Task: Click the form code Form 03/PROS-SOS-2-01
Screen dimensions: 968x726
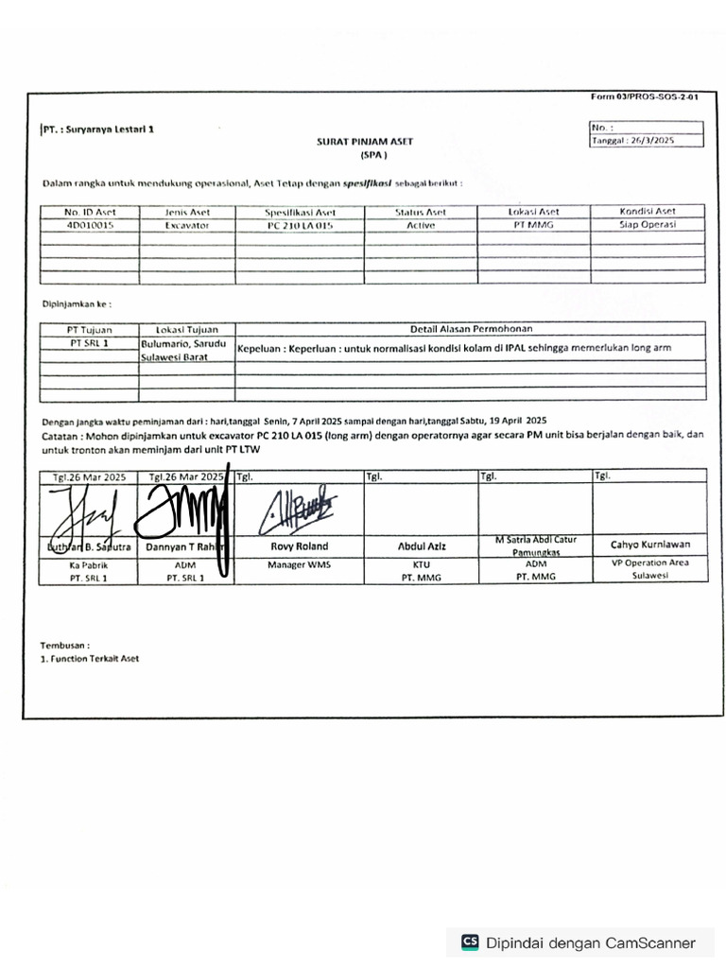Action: pyautogui.click(x=645, y=97)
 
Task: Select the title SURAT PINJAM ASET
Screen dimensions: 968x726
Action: pyautogui.click(x=365, y=141)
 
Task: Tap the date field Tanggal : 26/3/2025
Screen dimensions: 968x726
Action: pyautogui.click(x=633, y=140)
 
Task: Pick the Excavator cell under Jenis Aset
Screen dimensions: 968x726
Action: pyautogui.click(x=187, y=226)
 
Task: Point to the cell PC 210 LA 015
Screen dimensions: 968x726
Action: pyautogui.click(x=300, y=226)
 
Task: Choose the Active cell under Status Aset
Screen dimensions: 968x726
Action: pyautogui.click(x=421, y=226)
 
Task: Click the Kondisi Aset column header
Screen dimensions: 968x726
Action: pyautogui.click(x=648, y=212)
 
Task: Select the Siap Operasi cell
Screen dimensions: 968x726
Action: pyautogui.click(x=648, y=226)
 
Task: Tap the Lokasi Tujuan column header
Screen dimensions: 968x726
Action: pyautogui.click(x=186, y=329)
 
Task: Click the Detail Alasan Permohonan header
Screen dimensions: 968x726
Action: pyautogui.click(x=471, y=329)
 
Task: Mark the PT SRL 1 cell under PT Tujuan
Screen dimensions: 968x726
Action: pyautogui.click(x=89, y=344)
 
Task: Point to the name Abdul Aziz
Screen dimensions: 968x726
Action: pyautogui.click(x=421, y=546)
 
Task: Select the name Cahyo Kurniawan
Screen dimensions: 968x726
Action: pyautogui.click(x=649, y=544)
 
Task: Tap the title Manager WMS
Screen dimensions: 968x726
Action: pyautogui.click(x=298, y=564)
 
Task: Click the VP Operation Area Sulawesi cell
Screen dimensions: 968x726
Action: pyautogui.click(x=649, y=568)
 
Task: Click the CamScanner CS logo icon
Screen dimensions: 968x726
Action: pyautogui.click(x=470, y=942)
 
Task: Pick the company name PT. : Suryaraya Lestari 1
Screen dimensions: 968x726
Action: pyautogui.click(x=98, y=129)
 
